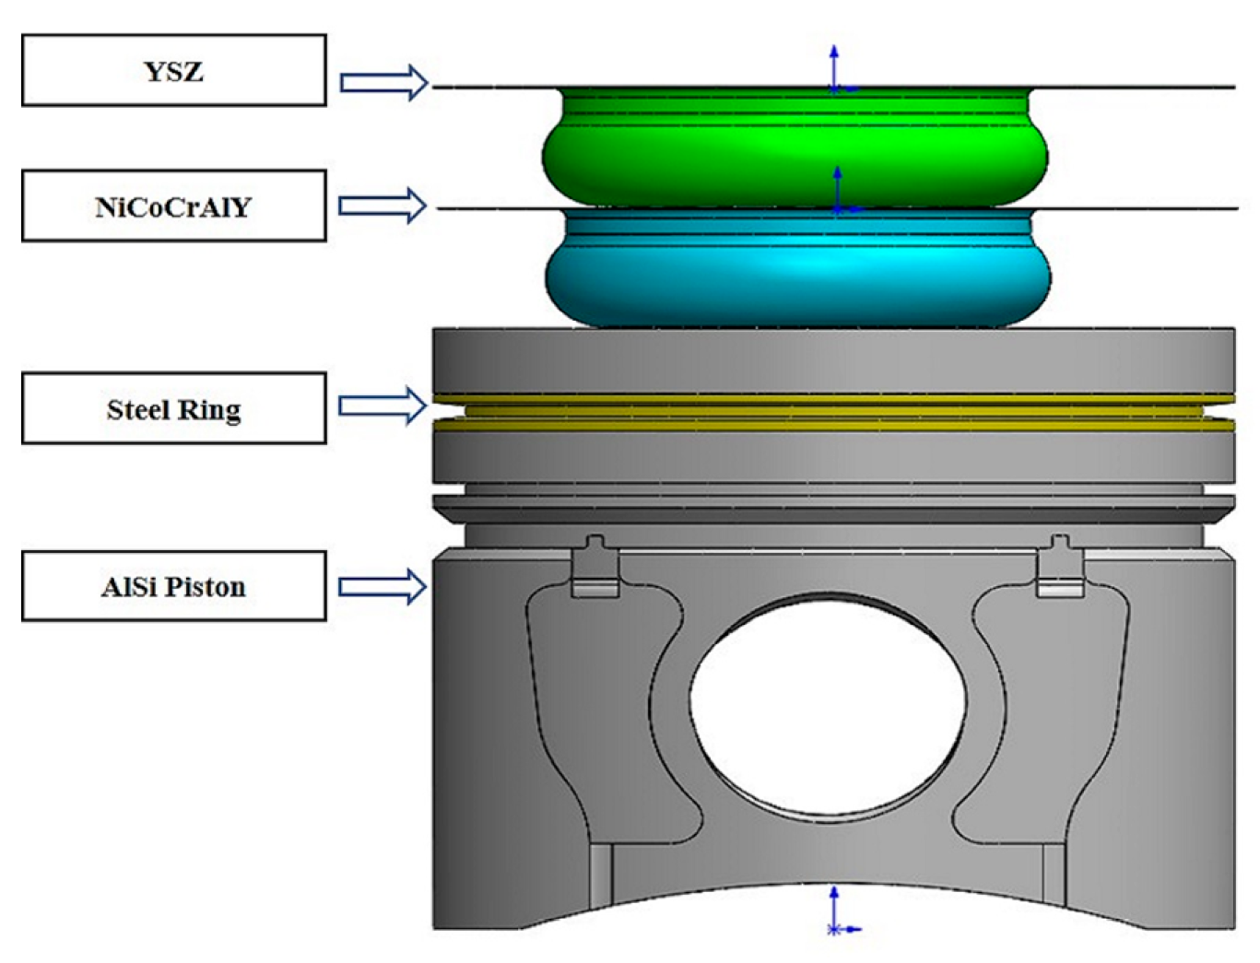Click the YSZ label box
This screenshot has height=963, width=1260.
[173, 71]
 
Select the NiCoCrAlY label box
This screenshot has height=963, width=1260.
[173, 206]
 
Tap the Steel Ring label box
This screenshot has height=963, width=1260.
[173, 408]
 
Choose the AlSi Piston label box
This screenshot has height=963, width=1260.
[173, 586]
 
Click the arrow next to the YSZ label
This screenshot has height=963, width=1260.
[383, 83]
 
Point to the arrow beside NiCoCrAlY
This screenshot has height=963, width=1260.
[383, 205]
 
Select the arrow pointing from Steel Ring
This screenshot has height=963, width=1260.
[383, 405]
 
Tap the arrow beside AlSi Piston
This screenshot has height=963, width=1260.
[383, 586]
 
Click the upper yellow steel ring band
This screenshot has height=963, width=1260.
[833, 399]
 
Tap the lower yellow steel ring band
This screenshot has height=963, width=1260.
[833, 425]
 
